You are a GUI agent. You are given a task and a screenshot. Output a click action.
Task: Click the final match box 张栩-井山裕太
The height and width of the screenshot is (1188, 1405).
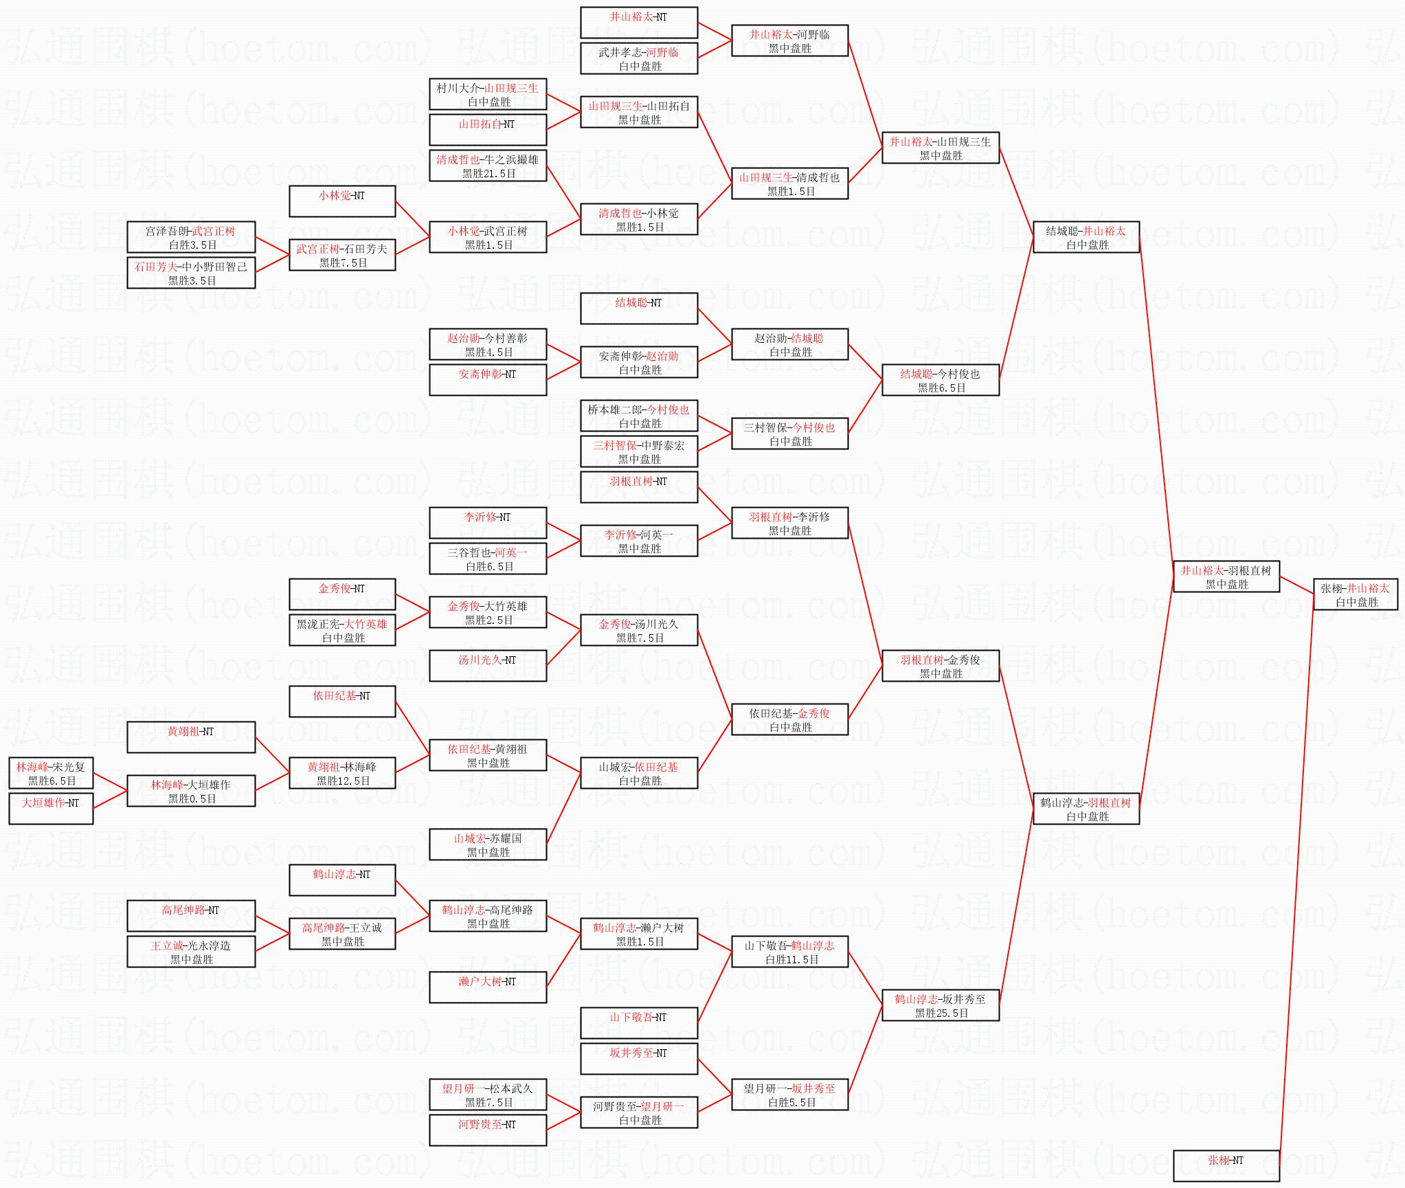coord(1356,594)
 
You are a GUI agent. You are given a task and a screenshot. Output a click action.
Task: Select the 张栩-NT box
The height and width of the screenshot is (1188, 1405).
coord(1226,1166)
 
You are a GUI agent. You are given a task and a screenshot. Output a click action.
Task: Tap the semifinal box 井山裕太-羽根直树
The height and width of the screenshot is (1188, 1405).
coord(1226,576)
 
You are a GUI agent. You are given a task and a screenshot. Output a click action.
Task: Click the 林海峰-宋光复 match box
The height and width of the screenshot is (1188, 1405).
coord(51,773)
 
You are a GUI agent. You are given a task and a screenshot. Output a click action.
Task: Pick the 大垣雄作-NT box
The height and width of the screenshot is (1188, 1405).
coord(51,809)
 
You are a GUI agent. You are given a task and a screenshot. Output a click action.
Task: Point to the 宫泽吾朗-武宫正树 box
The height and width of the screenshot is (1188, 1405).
coord(191,237)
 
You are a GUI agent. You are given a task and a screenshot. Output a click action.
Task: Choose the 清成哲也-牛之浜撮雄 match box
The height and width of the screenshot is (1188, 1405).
coord(488,166)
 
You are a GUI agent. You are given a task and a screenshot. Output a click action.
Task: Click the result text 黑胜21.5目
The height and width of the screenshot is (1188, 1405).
coord(488,174)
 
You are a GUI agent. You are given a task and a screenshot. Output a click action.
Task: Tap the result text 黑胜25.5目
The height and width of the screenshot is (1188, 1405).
coord(941,1013)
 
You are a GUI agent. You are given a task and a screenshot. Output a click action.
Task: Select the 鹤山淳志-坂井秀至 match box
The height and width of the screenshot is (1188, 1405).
coord(941,1005)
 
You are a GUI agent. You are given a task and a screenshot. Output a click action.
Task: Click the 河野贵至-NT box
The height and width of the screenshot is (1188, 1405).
coord(488,1130)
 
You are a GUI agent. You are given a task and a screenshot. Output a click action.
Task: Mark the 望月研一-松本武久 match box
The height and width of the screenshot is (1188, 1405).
coord(488,1095)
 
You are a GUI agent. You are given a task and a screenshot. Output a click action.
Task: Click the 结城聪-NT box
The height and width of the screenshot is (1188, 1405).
coord(639,309)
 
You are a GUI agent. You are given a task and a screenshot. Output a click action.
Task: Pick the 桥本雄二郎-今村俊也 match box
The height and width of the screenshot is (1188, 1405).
coord(639,416)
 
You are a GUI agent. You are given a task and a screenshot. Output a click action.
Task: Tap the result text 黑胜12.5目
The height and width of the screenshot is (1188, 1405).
coord(343,781)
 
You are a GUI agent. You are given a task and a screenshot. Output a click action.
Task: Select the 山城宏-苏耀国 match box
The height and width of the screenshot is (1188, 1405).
coord(488,844)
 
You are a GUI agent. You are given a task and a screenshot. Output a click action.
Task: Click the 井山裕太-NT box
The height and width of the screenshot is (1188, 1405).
coord(639,23)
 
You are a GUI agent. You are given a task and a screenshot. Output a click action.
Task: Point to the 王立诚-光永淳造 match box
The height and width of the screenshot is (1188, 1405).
coord(191,952)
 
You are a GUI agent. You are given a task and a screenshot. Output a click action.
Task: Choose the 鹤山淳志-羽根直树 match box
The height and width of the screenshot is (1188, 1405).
coord(1086,809)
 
